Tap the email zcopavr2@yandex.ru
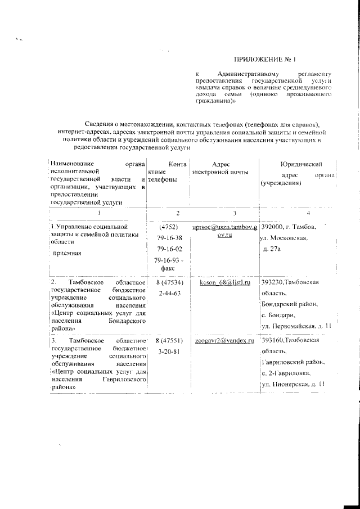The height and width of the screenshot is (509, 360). [x=224, y=341]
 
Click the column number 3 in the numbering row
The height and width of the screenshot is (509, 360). [x=219, y=213]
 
